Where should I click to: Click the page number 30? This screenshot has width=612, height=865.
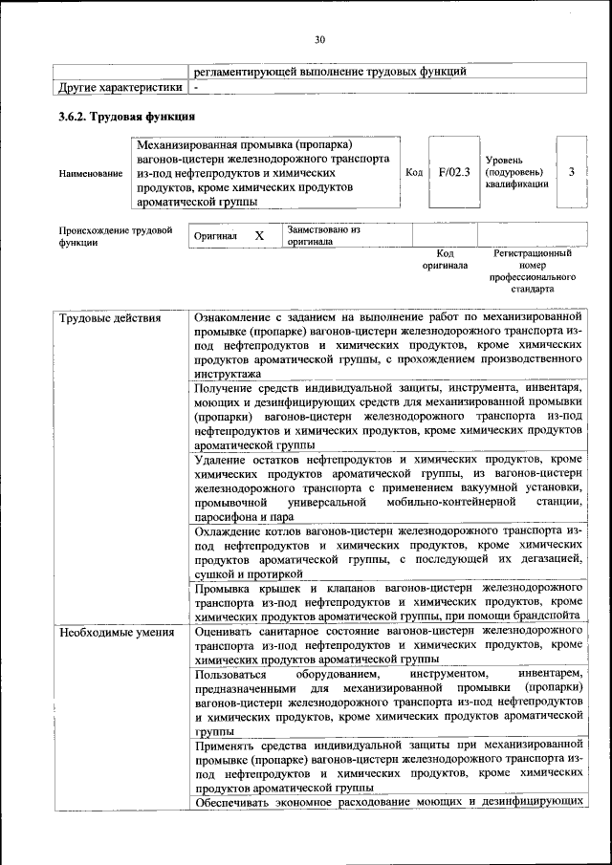click(x=319, y=39)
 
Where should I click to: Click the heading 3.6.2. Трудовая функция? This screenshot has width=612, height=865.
click(x=127, y=117)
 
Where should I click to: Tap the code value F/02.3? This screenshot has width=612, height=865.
click(x=454, y=172)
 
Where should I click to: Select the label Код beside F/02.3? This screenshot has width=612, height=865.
click(x=414, y=172)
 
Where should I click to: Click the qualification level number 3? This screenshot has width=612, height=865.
click(x=571, y=171)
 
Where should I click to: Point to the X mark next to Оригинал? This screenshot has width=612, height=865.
click(x=259, y=235)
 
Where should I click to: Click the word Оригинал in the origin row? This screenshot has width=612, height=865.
click(x=215, y=236)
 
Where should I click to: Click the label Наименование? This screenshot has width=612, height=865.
click(x=90, y=173)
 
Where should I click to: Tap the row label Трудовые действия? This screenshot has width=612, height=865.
click(x=109, y=317)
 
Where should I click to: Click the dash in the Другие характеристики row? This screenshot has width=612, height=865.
click(x=195, y=88)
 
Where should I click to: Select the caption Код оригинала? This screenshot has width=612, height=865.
click(x=445, y=259)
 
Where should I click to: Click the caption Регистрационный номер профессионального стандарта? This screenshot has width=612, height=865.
click(x=533, y=270)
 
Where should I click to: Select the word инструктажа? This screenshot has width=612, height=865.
click(x=227, y=375)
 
